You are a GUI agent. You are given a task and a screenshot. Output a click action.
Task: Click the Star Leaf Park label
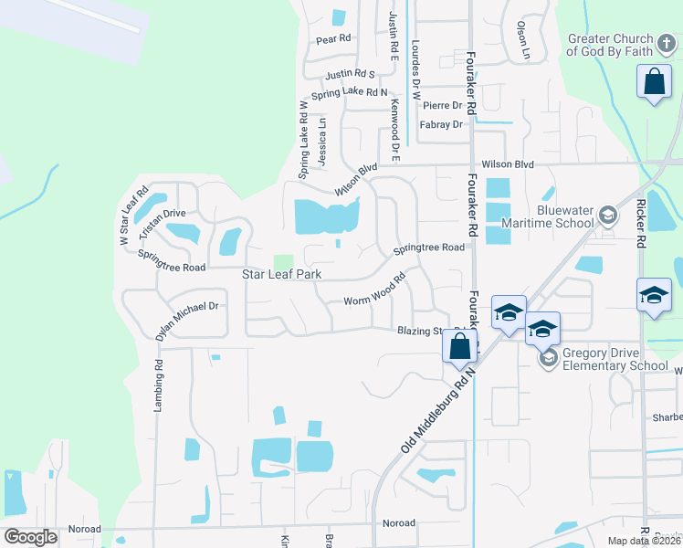[281, 274]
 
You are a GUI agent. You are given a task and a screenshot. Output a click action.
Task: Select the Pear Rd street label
[333, 39]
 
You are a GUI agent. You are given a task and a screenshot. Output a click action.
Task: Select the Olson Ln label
[523, 41]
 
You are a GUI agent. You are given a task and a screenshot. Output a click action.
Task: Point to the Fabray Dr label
[441, 124]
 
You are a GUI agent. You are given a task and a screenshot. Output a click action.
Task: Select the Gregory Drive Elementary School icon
[548, 357]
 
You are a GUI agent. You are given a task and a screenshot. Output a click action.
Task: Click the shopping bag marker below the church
[654, 82]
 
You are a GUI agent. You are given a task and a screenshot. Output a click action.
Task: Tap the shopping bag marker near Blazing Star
[460, 346]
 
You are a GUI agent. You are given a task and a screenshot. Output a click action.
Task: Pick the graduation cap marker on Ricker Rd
[654, 295]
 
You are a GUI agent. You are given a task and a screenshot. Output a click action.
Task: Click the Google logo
[31, 537]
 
